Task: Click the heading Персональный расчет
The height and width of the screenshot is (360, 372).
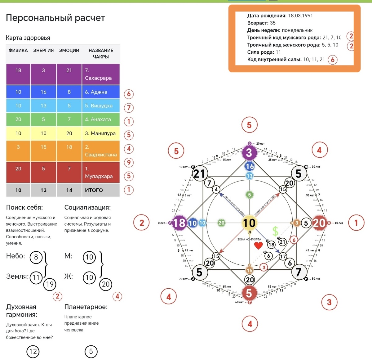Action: point(55,18)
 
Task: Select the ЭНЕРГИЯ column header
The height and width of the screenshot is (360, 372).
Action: point(43,51)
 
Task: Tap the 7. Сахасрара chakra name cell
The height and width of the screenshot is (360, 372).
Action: point(100,74)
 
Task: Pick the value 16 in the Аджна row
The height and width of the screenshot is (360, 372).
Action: point(43,92)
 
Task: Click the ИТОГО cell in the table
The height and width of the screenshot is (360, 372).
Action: point(100,190)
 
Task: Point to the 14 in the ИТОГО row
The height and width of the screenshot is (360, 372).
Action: point(69,190)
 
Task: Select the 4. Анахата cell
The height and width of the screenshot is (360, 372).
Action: point(100,119)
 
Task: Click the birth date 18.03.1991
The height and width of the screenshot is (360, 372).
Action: point(300,16)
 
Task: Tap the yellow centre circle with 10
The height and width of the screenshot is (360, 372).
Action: point(249,223)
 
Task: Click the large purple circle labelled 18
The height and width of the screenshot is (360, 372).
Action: point(179,223)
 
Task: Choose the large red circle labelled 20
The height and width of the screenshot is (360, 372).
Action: point(319,223)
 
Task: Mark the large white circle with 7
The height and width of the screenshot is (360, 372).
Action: point(298,272)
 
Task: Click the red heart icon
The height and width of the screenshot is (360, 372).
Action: point(258,246)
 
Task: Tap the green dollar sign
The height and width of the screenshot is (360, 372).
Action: point(275,231)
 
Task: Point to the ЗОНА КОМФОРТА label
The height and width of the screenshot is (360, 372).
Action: point(249,239)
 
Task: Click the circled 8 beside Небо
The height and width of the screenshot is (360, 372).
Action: point(36,257)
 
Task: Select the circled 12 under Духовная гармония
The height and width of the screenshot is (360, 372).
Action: point(33,351)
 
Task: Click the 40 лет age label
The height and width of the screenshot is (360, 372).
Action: point(339,223)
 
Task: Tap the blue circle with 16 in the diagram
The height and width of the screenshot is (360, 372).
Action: point(250,166)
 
